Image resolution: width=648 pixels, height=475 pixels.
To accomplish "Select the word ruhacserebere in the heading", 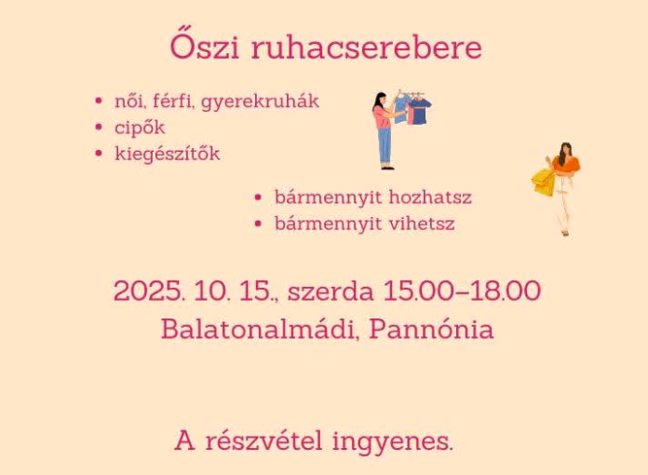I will pos(366,47).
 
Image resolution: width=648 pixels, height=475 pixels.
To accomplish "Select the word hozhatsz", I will pos(430,197).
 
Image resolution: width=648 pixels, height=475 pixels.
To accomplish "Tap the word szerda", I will pos(331,291).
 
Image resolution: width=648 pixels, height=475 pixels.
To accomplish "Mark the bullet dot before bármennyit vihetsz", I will pos(258,224).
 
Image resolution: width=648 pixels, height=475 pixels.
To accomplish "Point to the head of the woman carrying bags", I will pos(564,150).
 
